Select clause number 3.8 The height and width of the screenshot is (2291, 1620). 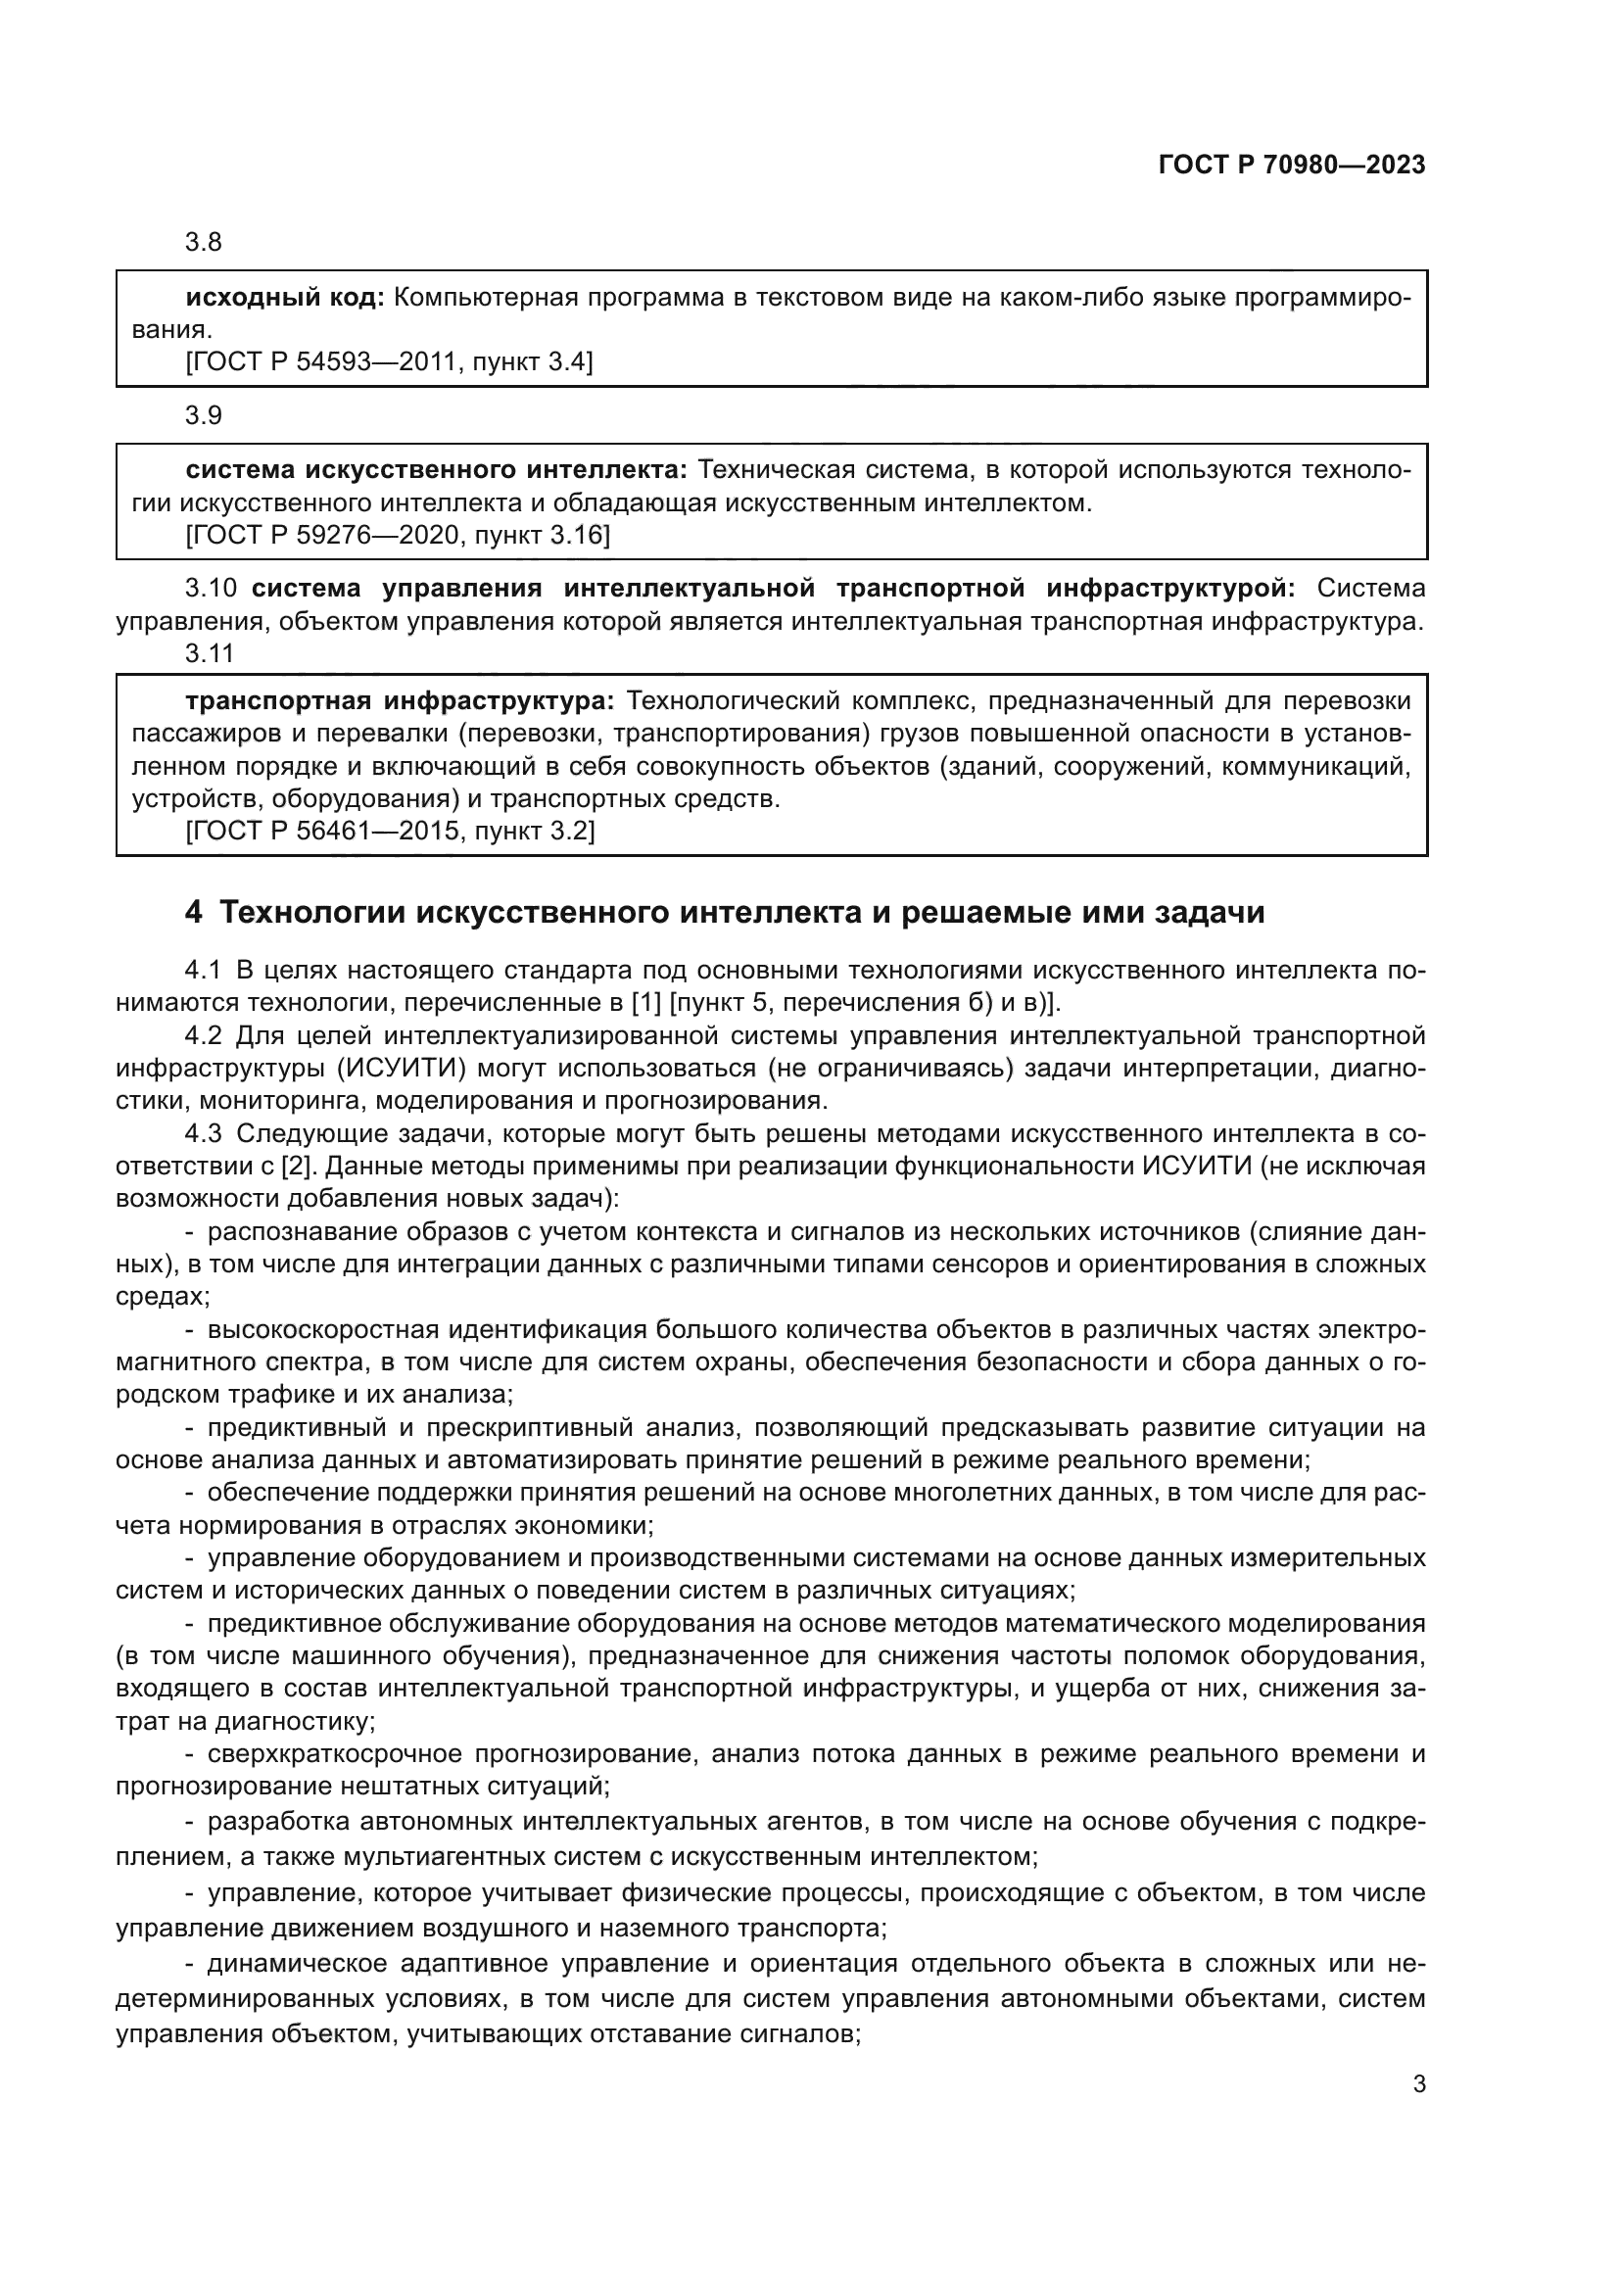(204, 243)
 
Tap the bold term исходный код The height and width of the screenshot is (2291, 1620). (284, 298)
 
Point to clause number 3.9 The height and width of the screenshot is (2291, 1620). (204, 415)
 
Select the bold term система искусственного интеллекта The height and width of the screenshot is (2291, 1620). (436, 470)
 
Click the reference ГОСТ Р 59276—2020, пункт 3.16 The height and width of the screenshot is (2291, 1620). (397, 536)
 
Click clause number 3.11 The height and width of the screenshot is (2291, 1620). (210, 653)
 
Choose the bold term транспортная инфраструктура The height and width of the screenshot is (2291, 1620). (399, 701)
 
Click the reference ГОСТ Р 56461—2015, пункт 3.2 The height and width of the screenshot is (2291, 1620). (390, 831)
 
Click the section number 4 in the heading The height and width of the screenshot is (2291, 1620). (194, 912)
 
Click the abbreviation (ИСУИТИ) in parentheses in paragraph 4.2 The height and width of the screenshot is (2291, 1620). (400, 1069)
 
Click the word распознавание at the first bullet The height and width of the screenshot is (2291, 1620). (294, 1232)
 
